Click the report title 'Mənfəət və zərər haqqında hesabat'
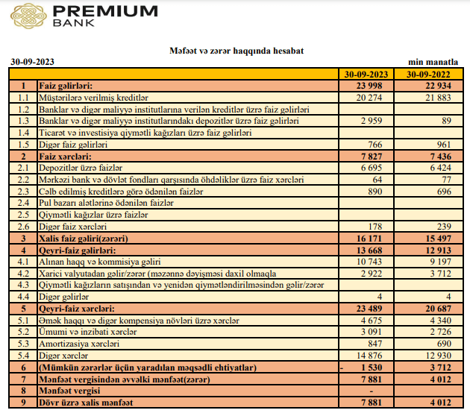click(x=237, y=51)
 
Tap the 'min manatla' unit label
click(x=436, y=63)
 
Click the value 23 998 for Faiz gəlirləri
click(x=374, y=86)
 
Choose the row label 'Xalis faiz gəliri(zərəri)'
click(x=85, y=238)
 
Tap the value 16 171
click(x=374, y=238)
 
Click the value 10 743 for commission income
click(x=374, y=262)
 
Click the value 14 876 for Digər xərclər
click(x=374, y=356)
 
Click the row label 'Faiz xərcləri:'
click(x=65, y=156)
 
